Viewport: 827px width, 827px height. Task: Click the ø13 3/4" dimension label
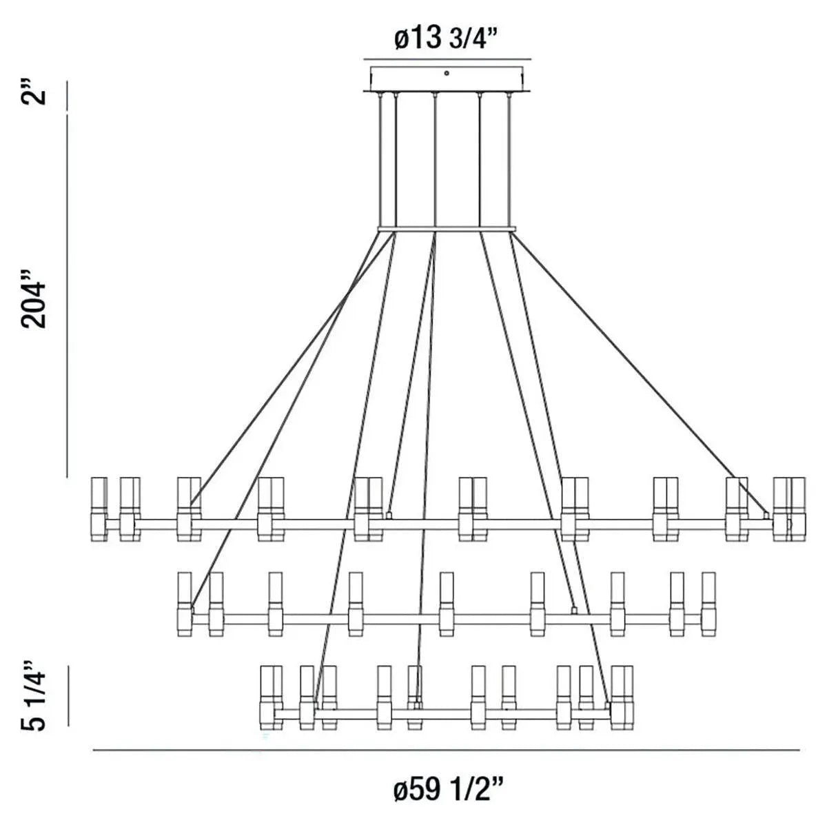click(447, 39)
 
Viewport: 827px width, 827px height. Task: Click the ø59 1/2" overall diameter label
click(447, 788)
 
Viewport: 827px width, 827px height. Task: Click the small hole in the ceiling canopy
click(447, 72)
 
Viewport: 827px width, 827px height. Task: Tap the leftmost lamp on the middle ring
click(185, 603)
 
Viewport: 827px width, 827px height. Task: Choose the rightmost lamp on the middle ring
click(708, 603)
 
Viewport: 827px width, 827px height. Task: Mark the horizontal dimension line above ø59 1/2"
click(447, 750)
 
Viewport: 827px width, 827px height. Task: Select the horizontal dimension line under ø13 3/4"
click(447, 58)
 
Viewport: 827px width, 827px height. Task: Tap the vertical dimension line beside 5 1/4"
click(68, 695)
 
